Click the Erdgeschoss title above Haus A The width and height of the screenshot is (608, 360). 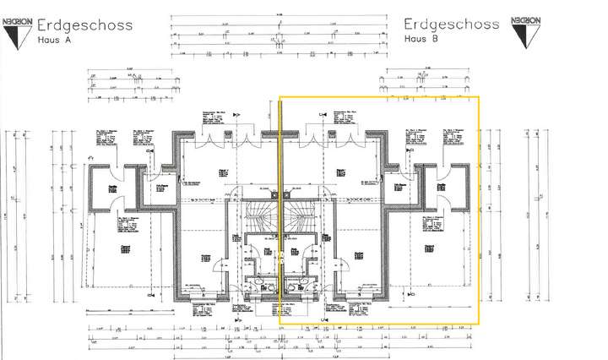(x=84, y=25)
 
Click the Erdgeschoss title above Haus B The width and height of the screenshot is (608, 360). (x=452, y=25)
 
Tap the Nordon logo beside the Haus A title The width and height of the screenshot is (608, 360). (x=18, y=29)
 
